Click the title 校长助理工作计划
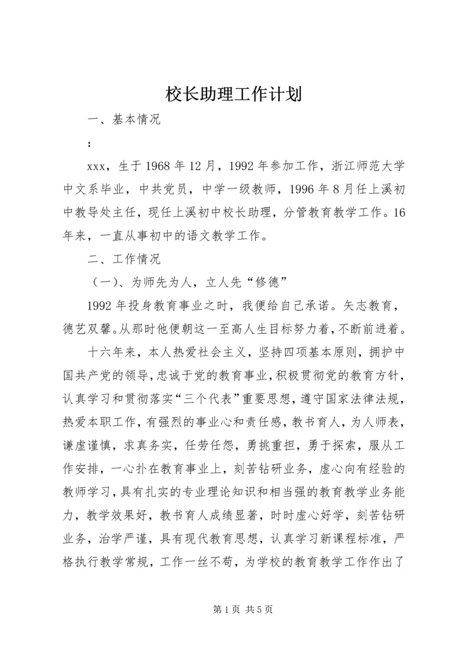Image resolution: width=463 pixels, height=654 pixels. (x=231, y=94)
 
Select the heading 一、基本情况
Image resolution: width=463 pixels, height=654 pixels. (x=123, y=121)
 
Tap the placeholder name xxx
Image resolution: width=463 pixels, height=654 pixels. (x=95, y=167)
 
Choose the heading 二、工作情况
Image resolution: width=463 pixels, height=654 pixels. (x=123, y=257)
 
